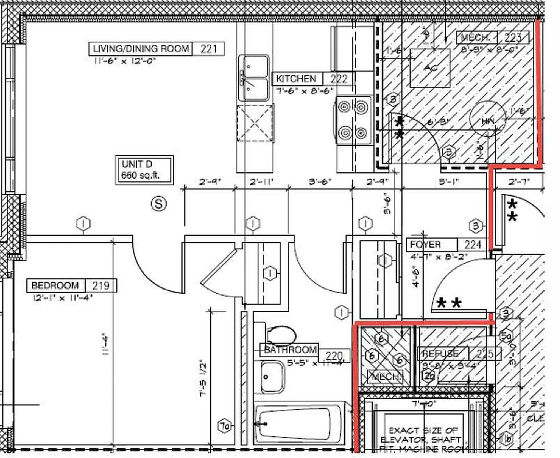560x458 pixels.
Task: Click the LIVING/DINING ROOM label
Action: (x=141, y=49)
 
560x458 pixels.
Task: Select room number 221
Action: (x=208, y=49)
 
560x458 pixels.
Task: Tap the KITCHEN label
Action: (x=295, y=79)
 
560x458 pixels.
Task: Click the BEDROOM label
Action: (x=55, y=285)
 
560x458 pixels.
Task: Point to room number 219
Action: (x=101, y=285)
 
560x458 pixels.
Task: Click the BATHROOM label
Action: (x=290, y=350)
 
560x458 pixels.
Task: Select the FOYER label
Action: (x=425, y=245)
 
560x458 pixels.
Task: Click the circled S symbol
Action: (x=159, y=203)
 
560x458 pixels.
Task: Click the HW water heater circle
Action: (x=487, y=121)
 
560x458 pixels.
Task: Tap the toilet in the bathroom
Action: (x=278, y=334)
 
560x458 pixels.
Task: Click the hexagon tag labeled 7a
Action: (x=226, y=425)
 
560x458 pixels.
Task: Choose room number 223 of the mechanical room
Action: (x=513, y=38)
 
